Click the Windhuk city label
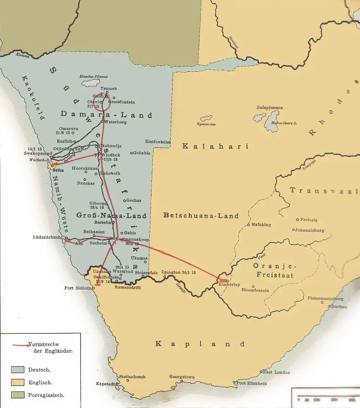110,155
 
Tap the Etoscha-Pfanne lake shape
90,83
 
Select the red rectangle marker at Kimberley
223,280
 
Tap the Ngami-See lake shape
206,118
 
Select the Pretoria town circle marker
297,219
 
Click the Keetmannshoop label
129,239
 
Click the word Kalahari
215,146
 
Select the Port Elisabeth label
252,383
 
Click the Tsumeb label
109,89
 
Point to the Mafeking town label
261,225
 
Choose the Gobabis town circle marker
131,153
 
